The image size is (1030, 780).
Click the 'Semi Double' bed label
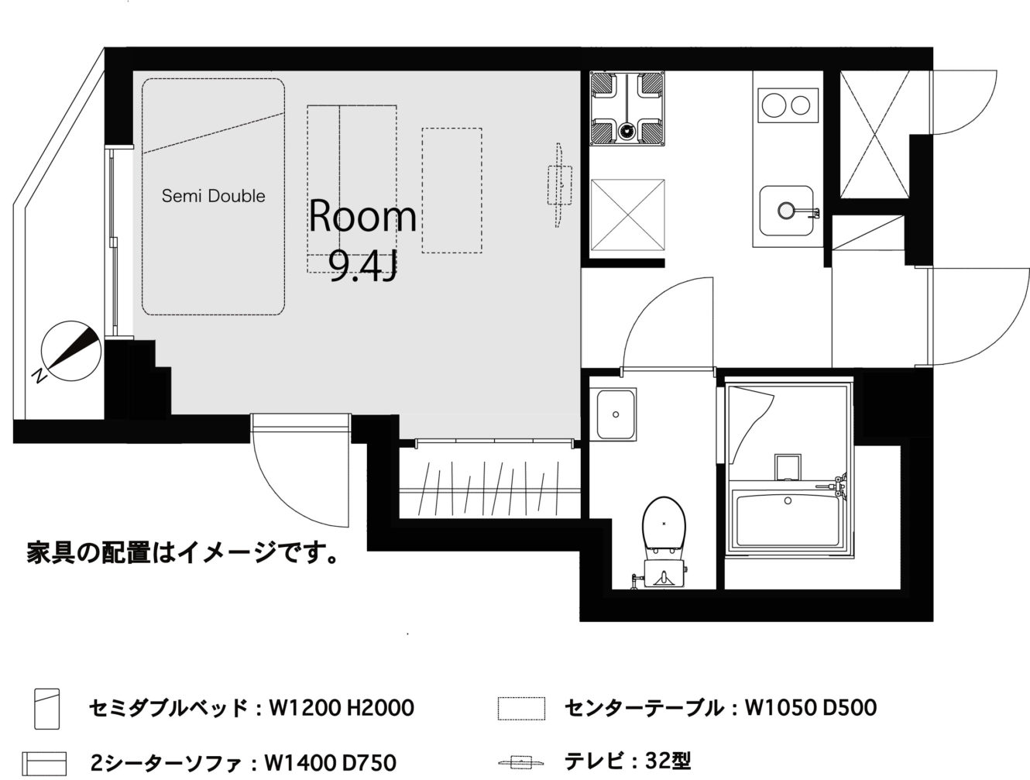click(x=214, y=196)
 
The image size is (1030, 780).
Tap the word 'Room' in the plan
click(x=362, y=216)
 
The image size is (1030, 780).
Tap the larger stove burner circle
click(x=774, y=105)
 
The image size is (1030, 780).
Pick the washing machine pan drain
click(x=626, y=131)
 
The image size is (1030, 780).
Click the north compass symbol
click(x=70, y=351)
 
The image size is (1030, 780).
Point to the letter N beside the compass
click(x=39, y=376)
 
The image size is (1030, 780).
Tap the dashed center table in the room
click(x=452, y=191)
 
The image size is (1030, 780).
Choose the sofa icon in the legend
click(x=45, y=764)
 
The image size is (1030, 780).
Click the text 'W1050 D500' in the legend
click(x=810, y=708)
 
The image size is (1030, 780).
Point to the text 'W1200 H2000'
click(x=342, y=708)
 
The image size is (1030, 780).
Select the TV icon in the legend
click(x=521, y=762)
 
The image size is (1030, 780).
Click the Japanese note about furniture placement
click(x=183, y=553)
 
